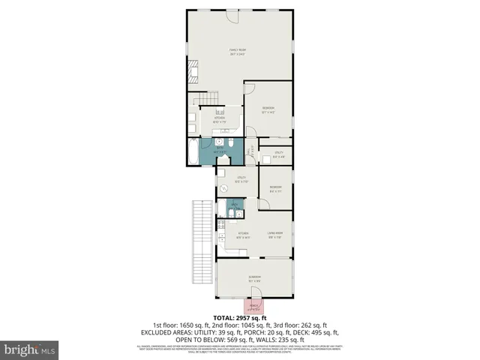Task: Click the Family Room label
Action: pos(238,52)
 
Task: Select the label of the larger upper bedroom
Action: pos(268,110)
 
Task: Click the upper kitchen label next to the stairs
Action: pos(220,118)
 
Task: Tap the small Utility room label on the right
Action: pos(278,154)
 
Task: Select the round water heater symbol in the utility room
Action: pos(223,188)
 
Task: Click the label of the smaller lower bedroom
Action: pos(275,188)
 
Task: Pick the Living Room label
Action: pos(275,235)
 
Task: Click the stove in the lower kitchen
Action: pos(220,224)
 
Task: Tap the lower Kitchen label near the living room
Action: pos(242,235)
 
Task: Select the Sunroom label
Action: pos(255,278)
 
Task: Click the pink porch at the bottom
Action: pos(253,305)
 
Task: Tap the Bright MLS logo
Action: pos(30,349)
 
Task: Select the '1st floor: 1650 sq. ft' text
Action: pos(180,325)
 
